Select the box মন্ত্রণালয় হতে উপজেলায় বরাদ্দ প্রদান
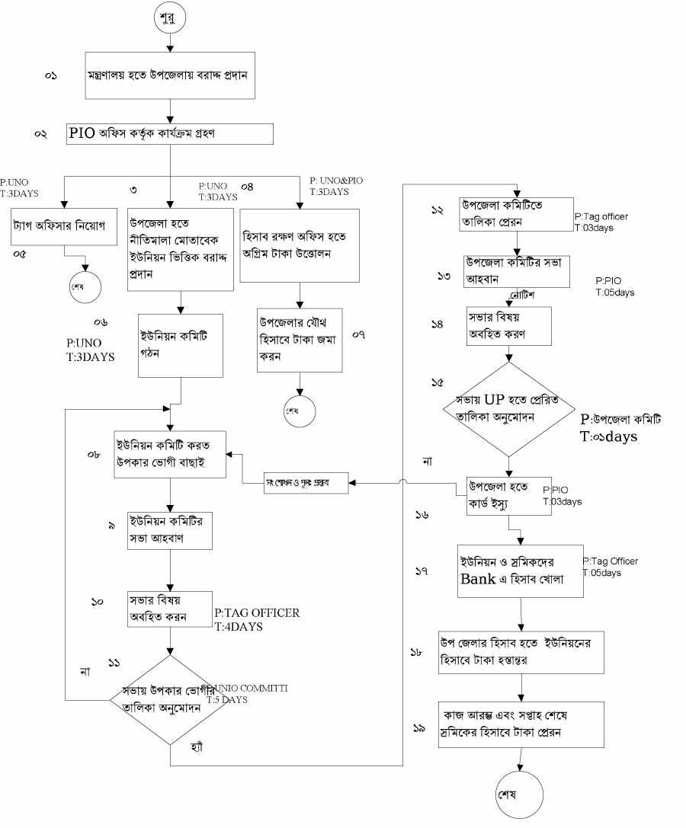169,76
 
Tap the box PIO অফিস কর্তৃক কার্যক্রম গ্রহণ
171,133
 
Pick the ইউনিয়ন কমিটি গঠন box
179,346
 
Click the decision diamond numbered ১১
168,700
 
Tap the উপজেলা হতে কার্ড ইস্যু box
509,496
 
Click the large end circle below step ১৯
518,794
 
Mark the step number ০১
51,77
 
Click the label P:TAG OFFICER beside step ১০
257,612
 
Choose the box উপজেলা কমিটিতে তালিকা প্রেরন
516,215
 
